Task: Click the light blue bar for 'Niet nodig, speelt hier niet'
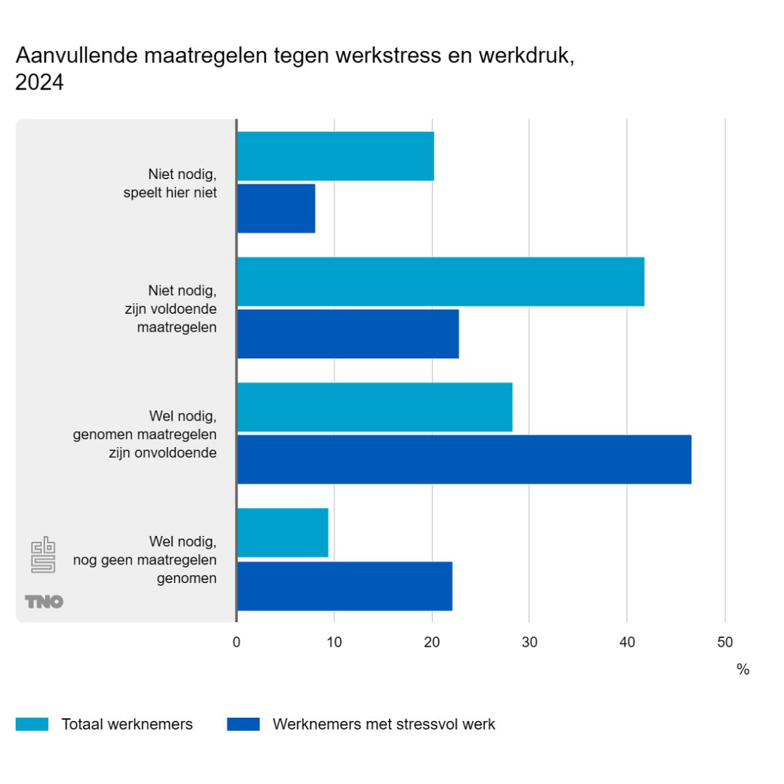[335, 156]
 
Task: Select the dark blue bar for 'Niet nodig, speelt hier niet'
[276, 208]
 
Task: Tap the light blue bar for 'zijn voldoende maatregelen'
[440, 281]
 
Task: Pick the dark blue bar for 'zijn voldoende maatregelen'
[348, 334]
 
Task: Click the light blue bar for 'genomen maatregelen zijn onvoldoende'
[375, 407]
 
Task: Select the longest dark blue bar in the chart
[464, 459]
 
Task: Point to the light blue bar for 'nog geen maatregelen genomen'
[283, 533]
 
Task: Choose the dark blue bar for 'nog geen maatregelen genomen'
[344, 586]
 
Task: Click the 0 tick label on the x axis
[236, 642]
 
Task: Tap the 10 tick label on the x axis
[334, 642]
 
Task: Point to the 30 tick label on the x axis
[529, 642]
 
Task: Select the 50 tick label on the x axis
[725, 642]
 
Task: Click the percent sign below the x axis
[743, 669]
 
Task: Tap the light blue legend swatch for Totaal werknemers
[32, 724]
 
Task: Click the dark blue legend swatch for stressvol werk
[243, 724]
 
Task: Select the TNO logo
[44, 602]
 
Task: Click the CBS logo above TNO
[43, 555]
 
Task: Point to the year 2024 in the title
[40, 82]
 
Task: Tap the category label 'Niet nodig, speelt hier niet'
[170, 184]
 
